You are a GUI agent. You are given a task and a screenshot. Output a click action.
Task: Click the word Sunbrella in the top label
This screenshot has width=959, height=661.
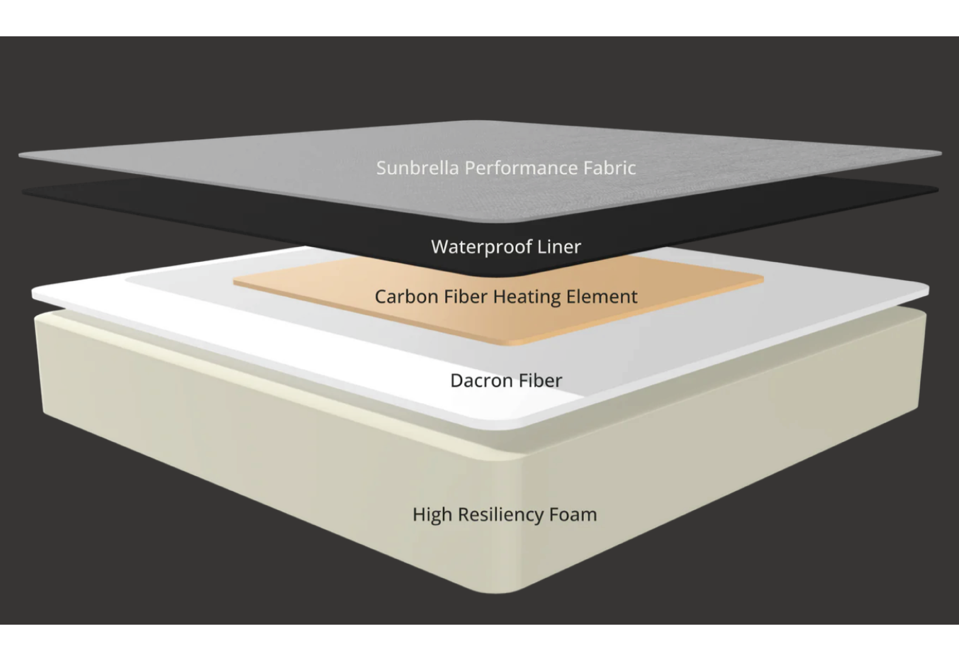point(417,168)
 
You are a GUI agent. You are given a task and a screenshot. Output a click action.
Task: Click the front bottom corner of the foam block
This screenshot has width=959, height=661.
point(497,591)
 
